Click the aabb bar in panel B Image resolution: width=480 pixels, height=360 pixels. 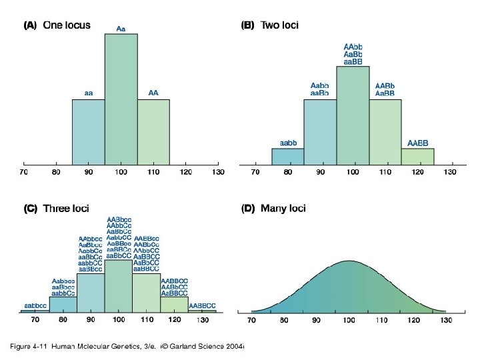click(x=288, y=157)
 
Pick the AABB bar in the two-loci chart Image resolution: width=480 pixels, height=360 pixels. click(x=417, y=157)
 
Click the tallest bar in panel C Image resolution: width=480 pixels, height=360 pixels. click(x=118, y=286)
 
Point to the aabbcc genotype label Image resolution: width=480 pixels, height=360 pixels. click(x=35, y=305)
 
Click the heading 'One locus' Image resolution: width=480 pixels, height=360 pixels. click(x=67, y=25)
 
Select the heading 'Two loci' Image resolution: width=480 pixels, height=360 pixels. click(x=279, y=25)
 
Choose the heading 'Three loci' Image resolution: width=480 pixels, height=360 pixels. click(x=65, y=209)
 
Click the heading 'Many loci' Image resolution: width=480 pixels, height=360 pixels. click(x=283, y=209)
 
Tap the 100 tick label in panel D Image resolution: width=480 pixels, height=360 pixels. click(x=348, y=321)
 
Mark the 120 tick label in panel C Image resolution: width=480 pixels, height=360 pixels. click(x=175, y=321)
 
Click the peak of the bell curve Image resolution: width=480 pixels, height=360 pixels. click(x=348, y=261)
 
